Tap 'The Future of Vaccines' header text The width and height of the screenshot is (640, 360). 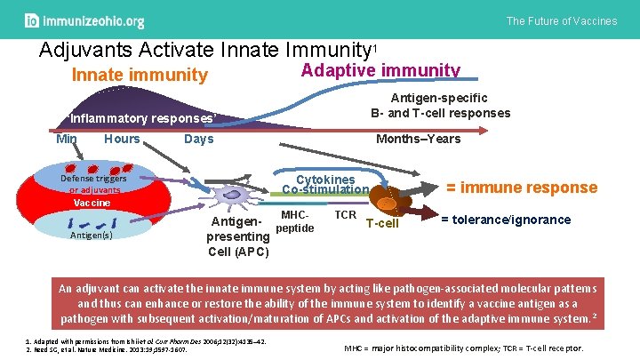pyautogui.click(x=561, y=20)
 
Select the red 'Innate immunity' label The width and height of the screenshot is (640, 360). pyautogui.click(x=140, y=76)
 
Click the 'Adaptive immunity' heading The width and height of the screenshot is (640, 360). pyautogui.click(x=381, y=70)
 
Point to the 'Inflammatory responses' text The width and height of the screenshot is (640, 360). pyautogui.click(x=141, y=118)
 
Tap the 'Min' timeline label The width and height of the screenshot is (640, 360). pyautogui.click(x=67, y=140)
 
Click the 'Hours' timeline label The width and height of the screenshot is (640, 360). pyautogui.click(x=122, y=140)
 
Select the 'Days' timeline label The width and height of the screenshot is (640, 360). pyautogui.click(x=198, y=140)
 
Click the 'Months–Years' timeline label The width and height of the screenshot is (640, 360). pyautogui.click(x=418, y=140)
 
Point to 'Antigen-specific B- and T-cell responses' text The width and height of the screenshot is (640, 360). pyautogui.click(x=440, y=106)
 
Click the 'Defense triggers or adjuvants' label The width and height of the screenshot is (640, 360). pyautogui.click(x=92, y=184)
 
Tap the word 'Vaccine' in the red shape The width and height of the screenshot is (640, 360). pyautogui.click(x=92, y=203)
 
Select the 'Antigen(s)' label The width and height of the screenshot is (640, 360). pyautogui.click(x=92, y=236)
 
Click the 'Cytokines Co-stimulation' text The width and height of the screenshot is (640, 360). pyautogui.click(x=324, y=184)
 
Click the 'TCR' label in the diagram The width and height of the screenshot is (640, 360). pyautogui.click(x=346, y=215)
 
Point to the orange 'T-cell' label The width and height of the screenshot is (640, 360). pyautogui.click(x=382, y=224)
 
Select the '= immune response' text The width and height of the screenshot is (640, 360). pyautogui.click(x=521, y=187)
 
